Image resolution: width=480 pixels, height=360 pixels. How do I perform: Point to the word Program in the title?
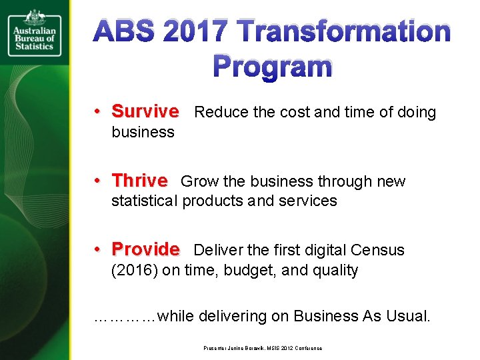272,67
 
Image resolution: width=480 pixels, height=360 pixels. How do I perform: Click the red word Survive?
145,111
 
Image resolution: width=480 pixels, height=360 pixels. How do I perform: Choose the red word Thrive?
139,181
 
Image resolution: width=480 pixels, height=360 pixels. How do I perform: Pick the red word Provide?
145,250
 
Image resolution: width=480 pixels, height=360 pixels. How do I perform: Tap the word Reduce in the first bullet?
219,112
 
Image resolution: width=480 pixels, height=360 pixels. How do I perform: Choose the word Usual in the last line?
408,316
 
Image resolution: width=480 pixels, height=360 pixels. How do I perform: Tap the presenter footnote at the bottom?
263,348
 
